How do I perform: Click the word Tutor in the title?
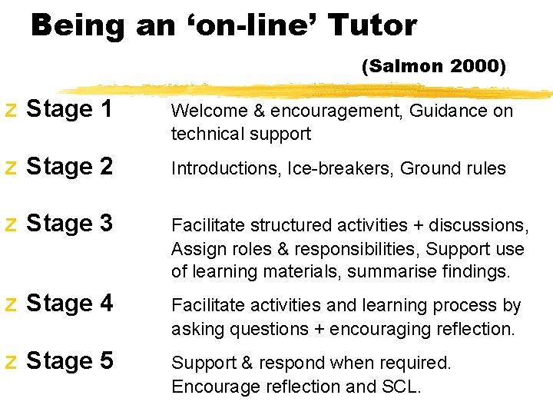tap(373, 26)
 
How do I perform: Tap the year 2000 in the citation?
tap(478, 67)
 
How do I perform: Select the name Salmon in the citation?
tap(405, 67)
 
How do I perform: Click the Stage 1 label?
tap(70, 110)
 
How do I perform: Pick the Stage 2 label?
tap(70, 167)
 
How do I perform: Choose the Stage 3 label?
tap(70, 224)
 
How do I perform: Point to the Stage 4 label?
tap(70, 304)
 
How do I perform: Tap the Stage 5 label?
tap(70, 360)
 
